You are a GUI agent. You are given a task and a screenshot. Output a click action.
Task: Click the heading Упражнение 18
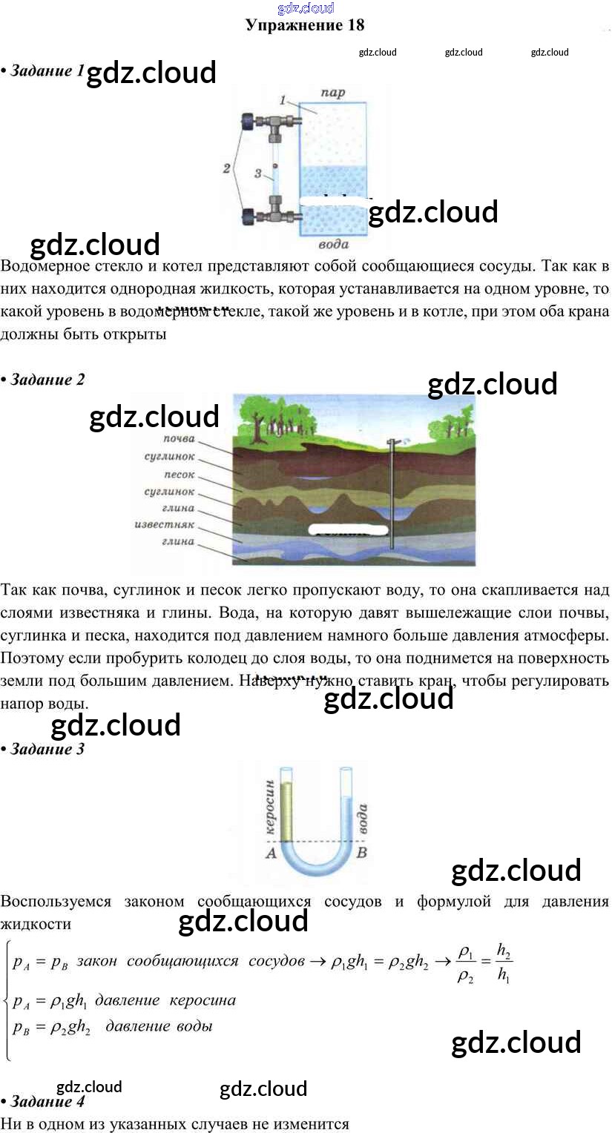[x=305, y=25]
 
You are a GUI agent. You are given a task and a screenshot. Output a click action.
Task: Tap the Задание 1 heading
[x=47, y=71]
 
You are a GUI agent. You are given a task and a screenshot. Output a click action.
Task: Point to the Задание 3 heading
[x=47, y=749]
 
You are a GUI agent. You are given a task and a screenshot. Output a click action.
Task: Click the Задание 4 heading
[x=47, y=1101]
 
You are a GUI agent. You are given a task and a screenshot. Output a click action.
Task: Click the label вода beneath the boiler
[x=333, y=244]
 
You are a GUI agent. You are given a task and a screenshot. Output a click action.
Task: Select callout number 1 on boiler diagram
[x=283, y=99]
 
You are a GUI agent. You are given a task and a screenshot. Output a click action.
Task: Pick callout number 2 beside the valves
[x=227, y=168]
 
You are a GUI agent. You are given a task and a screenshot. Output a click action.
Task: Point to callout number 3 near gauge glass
[x=257, y=173]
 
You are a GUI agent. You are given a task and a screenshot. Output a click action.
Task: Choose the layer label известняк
[x=164, y=525]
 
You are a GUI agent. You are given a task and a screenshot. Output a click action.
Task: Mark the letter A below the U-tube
[x=270, y=853]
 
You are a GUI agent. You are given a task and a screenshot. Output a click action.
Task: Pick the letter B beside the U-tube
[x=362, y=853]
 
